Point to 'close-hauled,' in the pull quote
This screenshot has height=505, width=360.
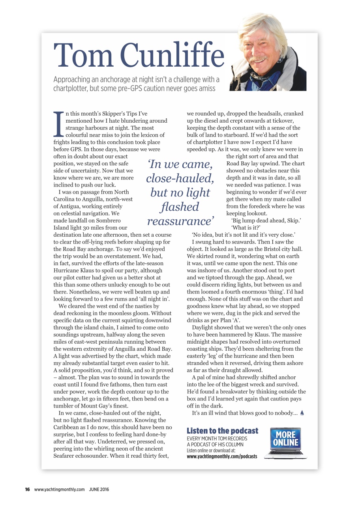tap(180, 178)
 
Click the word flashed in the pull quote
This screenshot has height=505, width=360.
tap(180, 207)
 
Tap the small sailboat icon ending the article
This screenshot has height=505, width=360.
tap(302, 413)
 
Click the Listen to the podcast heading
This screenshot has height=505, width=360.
tap(222, 431)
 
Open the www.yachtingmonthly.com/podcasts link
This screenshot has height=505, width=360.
tap(221, 456)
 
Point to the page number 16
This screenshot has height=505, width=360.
tap(28, 490)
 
